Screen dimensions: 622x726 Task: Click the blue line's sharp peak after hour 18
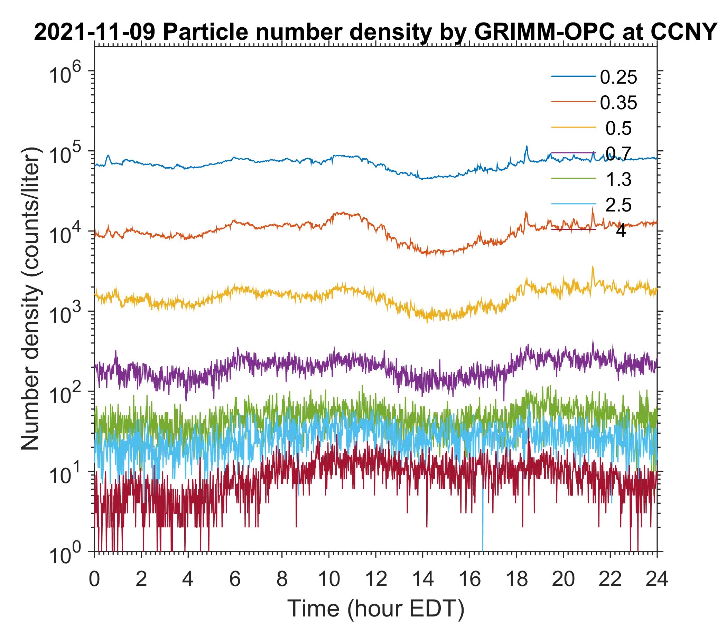coord(526,147)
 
